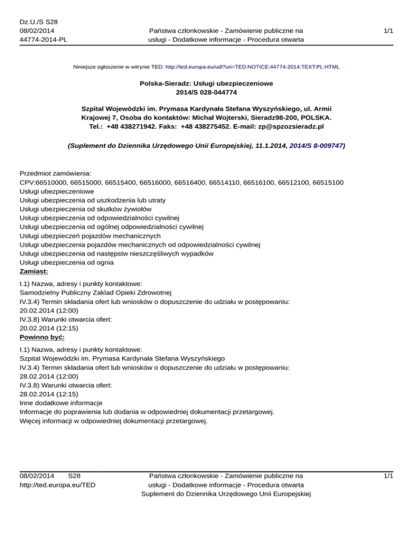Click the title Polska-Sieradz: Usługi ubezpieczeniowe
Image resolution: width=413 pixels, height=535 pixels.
(x=206, y=84)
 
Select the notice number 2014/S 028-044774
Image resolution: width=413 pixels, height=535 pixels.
(x=206, y=93)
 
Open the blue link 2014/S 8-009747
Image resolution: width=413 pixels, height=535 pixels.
(x=312, y=145)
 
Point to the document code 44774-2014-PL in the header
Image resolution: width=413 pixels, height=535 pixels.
(x=39, y=39)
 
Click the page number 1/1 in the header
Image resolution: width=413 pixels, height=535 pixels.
(x=388, y=31)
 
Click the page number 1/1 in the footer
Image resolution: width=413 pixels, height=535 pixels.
(x=388, y=476)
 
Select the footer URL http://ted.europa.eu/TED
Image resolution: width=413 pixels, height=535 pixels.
(x=58, y=485)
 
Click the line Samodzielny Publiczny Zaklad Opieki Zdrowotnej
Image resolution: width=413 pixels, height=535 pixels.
(x=95, y=293)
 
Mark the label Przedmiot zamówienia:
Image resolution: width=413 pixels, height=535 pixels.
(x=55, y=174)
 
